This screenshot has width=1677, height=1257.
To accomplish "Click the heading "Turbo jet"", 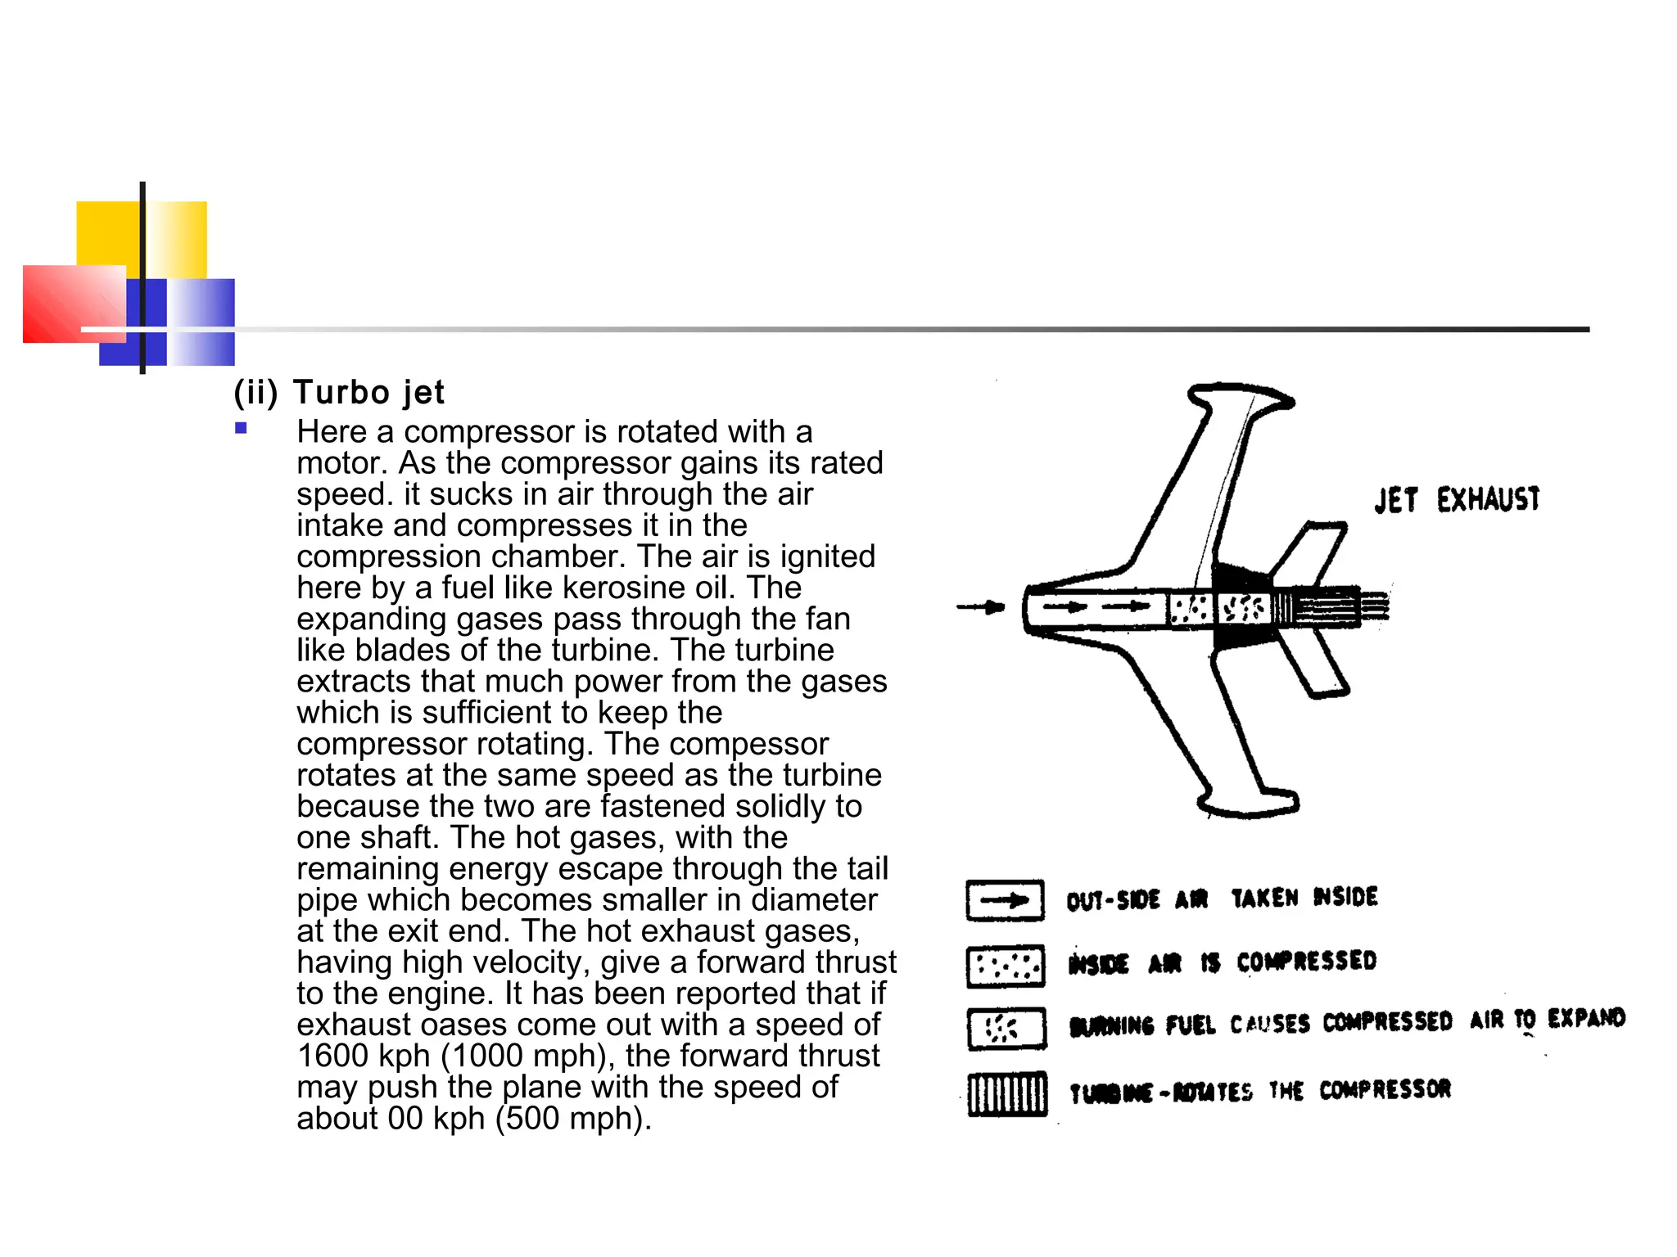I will (x=368, y=393).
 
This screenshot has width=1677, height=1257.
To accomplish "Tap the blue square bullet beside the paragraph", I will (x=241, y=428).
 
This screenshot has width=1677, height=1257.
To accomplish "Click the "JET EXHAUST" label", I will (x=1457, y=499).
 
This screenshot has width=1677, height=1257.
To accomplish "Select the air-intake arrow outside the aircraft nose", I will (x=980, y=607).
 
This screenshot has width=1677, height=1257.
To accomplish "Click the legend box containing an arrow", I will (x=1005, y=901).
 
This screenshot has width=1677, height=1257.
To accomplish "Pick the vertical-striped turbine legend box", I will (x=1006, y=1094).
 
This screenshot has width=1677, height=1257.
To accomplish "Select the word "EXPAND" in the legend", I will (x=1585, y=1018).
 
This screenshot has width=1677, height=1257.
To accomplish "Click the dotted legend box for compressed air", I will (x=1005, y=966).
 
